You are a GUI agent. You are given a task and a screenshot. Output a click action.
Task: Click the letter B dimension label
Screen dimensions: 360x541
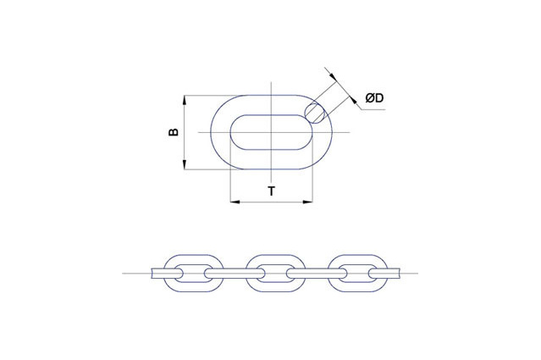173,133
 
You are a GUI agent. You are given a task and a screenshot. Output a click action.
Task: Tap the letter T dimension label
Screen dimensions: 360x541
271,191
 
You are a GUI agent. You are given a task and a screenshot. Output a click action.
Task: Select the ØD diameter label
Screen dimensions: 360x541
374,99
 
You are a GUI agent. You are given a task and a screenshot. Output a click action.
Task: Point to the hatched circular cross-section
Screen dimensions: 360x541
315,111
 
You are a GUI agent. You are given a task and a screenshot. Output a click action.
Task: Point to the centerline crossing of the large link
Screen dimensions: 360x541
271,133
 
